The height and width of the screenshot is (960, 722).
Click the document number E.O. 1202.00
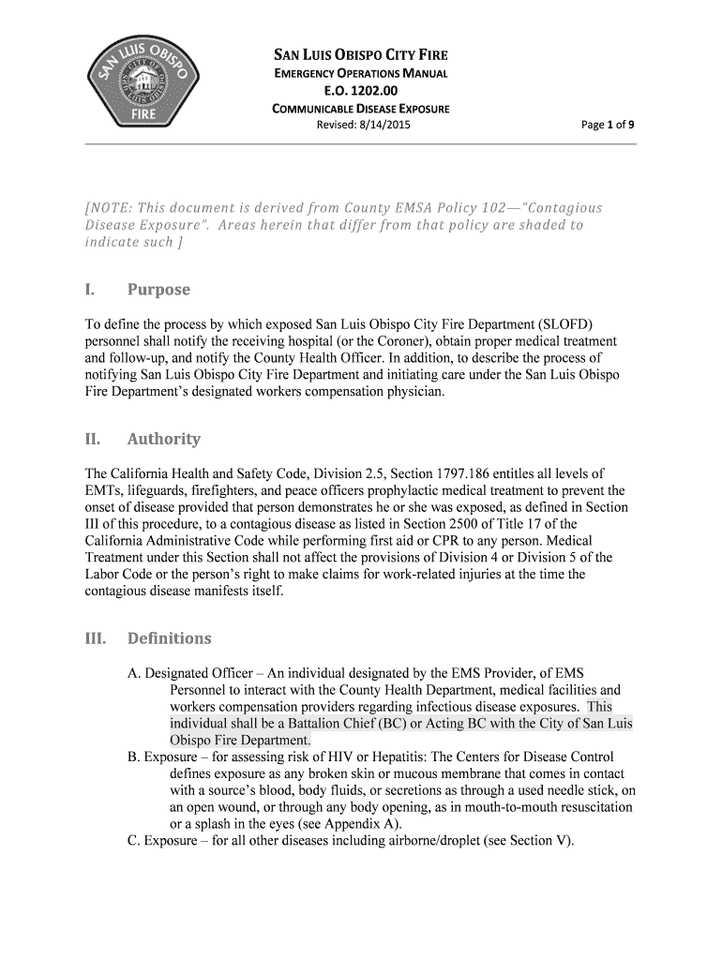click(x=360, y=91)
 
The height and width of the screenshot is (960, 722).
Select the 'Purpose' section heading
click(x=158, y=290)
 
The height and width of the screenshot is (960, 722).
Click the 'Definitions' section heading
click(x=169, y=638)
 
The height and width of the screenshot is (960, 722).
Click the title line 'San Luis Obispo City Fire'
click(x=360, y=55)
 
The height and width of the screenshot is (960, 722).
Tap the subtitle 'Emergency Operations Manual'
click(x=360, y=73)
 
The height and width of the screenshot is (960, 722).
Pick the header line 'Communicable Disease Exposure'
click(x=360, y=109)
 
